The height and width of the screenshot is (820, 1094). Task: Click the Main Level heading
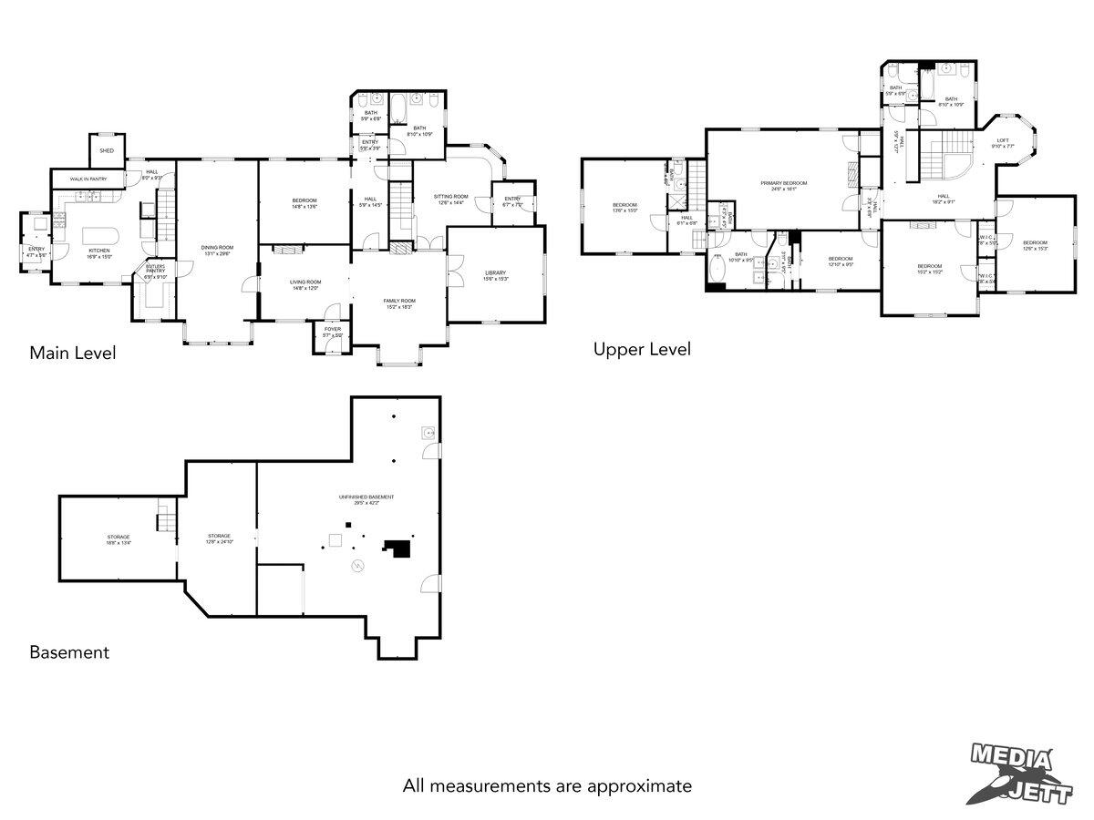pos(73,353)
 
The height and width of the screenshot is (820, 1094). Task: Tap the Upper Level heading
pos(642,349)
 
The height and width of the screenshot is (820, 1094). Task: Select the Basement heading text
pos(69,652)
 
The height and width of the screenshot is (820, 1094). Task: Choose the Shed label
pos(107,150)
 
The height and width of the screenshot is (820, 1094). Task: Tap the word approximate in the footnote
pos(640,785)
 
